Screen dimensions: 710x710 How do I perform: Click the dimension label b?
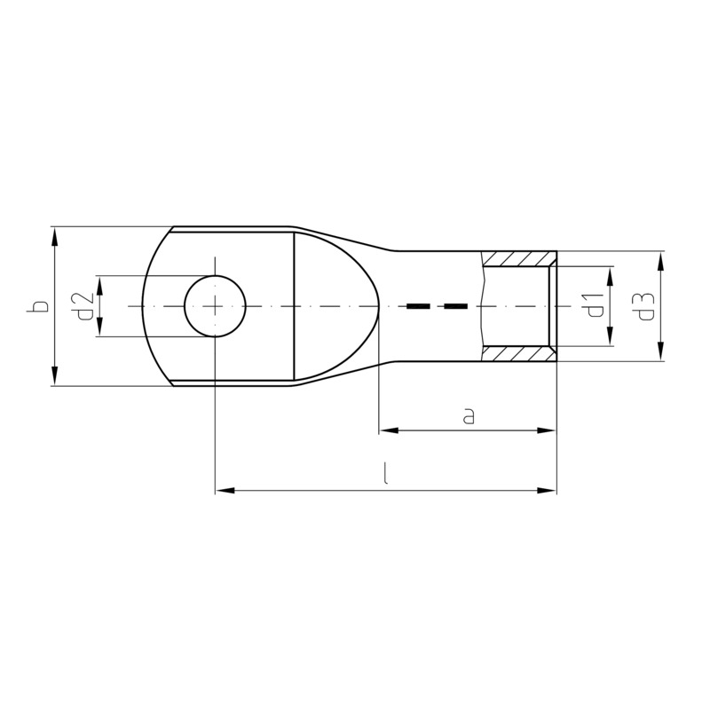[x=39, y=306]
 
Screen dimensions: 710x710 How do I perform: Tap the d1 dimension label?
[x=595, y=305]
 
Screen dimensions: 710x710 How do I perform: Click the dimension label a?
[x=469, y=415]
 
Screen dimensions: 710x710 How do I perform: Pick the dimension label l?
[x=385, y=473]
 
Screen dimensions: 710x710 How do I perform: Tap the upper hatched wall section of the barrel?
[x=519, y=259]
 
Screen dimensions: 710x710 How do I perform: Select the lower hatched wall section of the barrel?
[x=519, y=354]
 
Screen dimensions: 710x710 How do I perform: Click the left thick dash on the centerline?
[x=418, y=306]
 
